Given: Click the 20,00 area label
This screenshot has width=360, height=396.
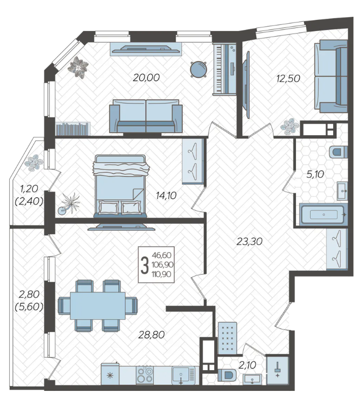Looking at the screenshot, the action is tap(146, 78).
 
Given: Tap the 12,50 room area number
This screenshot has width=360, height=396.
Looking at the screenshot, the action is tap(288, 79).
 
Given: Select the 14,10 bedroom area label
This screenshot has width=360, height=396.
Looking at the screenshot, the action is tap(166, 196).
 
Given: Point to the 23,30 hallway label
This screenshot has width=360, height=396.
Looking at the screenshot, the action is tap(249, 241).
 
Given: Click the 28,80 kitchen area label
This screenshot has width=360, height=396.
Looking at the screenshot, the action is tap(151, 335).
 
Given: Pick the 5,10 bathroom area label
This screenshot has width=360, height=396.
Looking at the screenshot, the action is tap(315, 174).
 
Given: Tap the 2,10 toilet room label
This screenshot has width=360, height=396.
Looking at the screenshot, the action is tap(247, 365).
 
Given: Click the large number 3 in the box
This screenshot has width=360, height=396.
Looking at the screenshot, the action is tap(145, 265).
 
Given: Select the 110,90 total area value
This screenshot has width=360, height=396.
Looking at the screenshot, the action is tap(161, 275).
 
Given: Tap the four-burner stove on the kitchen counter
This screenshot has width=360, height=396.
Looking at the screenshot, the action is tap(145, 376).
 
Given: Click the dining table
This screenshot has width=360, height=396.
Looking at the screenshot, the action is tap(97, 306).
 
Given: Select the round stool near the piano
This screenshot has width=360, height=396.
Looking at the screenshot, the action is tap(199, 69).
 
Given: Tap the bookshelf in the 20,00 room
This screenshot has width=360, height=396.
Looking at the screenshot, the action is tap(73, 129).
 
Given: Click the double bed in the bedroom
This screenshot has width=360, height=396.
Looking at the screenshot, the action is tap(120, 186).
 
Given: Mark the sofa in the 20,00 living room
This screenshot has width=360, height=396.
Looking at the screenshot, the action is tap(146, 116).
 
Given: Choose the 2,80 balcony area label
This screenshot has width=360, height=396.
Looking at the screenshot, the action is tap(29, 294).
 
